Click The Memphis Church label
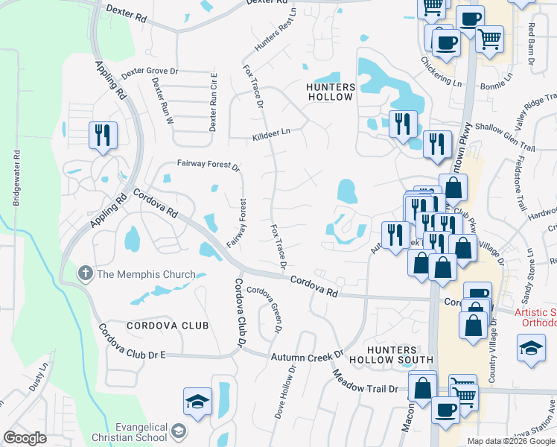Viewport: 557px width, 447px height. click(x=146, y=274)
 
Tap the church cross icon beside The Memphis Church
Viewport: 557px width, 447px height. click(x=86, y=274)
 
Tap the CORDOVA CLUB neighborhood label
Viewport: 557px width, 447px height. click(x=168, y=326)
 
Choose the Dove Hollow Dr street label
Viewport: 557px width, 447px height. click(x=282, y=392)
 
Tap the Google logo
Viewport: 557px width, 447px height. click(x=25, y=438)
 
